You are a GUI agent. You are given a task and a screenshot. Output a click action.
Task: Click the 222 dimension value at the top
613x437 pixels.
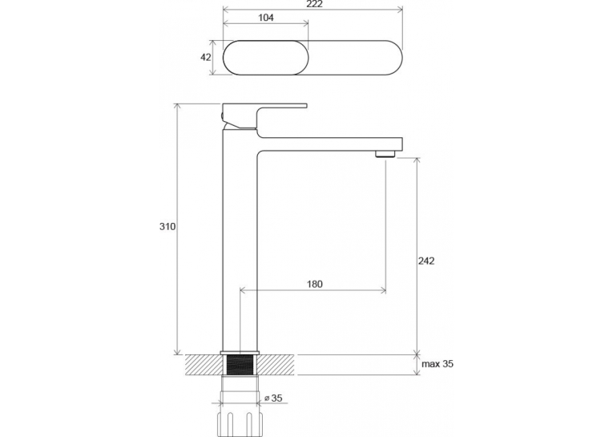coord(314,4)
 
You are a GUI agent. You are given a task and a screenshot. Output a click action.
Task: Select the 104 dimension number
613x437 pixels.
coord(266,18)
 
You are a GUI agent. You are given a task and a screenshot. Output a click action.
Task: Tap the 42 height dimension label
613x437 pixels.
coord(206,57)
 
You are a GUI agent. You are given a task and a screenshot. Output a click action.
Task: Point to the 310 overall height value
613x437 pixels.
coord(167,227)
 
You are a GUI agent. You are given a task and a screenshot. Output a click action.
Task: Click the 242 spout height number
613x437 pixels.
coord(426,261)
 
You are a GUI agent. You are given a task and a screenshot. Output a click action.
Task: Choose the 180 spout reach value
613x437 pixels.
coord(315,284)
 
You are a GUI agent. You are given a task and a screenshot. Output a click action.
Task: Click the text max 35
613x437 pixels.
coord(438,364)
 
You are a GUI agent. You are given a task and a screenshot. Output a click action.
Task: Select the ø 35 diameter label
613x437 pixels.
coord(273,399)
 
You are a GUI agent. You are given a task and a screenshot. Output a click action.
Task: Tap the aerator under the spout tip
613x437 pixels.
coord(385,154)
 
